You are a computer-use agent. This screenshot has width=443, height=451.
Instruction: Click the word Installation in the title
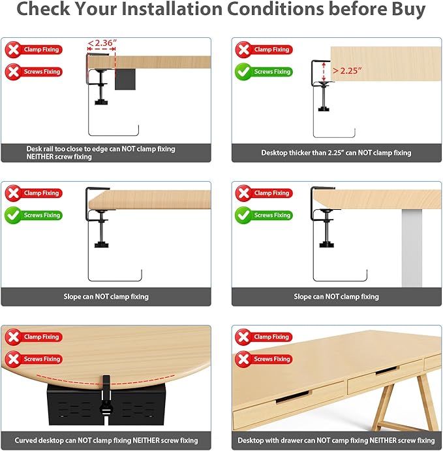click(x=172, y=9)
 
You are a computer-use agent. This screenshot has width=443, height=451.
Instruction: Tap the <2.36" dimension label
click(x=102, y=43)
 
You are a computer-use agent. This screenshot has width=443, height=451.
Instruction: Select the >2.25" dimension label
click(x=347, y=71)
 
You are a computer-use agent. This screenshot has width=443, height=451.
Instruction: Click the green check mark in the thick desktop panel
click(x=243, y=72)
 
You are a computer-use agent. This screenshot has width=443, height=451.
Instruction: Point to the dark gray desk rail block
click(x=125, y=79)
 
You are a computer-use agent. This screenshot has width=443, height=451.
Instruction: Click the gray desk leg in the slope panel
click(x=412, y=248)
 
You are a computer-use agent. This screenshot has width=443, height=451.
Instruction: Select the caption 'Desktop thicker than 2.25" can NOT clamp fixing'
click(x=336, y=153)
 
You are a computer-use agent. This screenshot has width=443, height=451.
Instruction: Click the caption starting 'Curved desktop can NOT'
click(x=106, y=441)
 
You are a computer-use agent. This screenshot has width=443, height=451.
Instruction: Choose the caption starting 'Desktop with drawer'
click(x=336, y=441)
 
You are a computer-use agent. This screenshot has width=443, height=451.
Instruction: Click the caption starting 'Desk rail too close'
click(x=100, y=153)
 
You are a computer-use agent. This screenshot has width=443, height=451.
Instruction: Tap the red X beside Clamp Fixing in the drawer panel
click(x=243, y=337)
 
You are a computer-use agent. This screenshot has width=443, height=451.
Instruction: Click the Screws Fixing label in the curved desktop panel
click(x=42, y=359)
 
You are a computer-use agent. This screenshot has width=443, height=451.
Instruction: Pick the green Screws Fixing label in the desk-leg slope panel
click(x=272, y=215)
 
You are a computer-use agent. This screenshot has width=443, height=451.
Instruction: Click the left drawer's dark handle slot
click(x=293, y=397)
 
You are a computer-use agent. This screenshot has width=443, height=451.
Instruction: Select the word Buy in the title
click(x=408, y=10)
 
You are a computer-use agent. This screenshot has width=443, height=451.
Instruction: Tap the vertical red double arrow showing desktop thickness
click(x=324, y=72)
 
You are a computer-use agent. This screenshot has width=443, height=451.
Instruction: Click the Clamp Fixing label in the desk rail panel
click(x=41, y=50)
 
